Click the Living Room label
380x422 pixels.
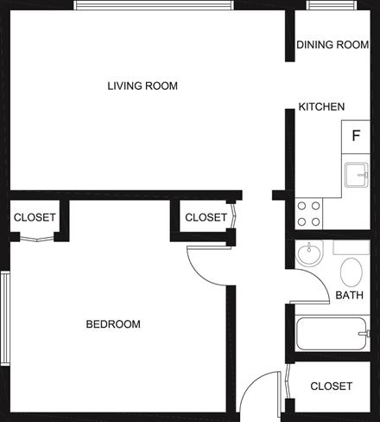coord(142,86)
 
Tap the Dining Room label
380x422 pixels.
coord(332,45)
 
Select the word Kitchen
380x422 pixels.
coord(321,107)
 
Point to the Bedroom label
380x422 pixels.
coord(113,324)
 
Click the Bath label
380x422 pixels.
coord(349,295)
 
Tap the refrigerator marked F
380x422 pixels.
coord(356,137)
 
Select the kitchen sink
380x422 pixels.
coord(357,176)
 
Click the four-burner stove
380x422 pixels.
coord(309,214)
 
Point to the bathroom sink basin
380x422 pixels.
coord(309,254)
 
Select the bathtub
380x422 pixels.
coord(332,334)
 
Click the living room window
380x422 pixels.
coord(154,5)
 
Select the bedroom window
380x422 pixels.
coord(5,318)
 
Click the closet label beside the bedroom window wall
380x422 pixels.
coord(35,217)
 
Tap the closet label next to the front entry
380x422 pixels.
coord(332,387)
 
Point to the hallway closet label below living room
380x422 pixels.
coord(206,218)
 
